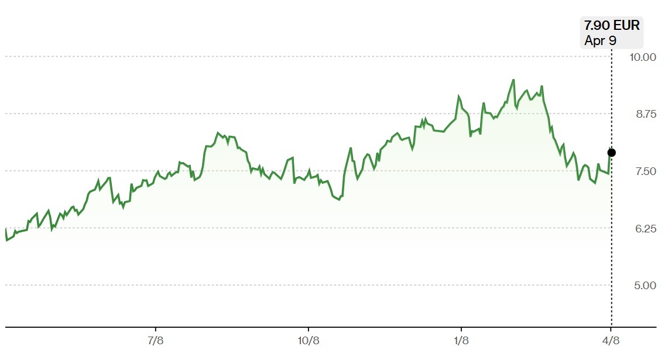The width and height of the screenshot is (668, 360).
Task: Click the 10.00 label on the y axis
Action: click(x=642, y=57)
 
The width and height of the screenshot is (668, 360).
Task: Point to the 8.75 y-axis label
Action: click(x=646, y=114)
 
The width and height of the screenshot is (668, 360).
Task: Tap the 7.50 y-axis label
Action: click(x=645, y=172)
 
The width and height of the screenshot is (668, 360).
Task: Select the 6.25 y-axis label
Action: click(x=645, y=229)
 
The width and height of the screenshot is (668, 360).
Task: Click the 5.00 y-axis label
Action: click(x=645, y=286)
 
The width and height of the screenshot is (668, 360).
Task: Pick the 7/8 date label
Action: click(x=156, y=341)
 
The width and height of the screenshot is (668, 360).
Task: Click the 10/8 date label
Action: click(x=309, y=341)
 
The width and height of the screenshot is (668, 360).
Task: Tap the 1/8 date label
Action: click(x=461, y=341)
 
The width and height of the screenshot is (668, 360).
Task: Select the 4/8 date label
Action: click(x=611, y=341)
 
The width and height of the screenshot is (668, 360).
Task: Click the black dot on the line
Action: click(x=611, y=153)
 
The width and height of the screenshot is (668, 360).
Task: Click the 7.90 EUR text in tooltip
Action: click(x=612, y=25)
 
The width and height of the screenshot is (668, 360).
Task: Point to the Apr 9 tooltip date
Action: click(x=600, y=40)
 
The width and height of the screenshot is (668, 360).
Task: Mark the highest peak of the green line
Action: click(x=513, y=80)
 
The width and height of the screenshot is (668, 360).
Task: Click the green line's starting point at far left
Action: click(x=5, y=229)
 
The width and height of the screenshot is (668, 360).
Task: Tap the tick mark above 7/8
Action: click(x=156, y=330)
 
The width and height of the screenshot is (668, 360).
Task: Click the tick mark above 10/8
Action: click(x=309, y=330)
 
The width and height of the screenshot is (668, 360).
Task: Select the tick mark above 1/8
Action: click(x=461, y=330)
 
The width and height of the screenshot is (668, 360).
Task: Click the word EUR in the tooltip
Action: click(x=626, y=25)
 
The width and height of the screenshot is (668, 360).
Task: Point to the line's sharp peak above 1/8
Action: click(x=459, y=96)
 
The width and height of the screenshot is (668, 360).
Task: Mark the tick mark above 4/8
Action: click(x=611, y=330)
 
